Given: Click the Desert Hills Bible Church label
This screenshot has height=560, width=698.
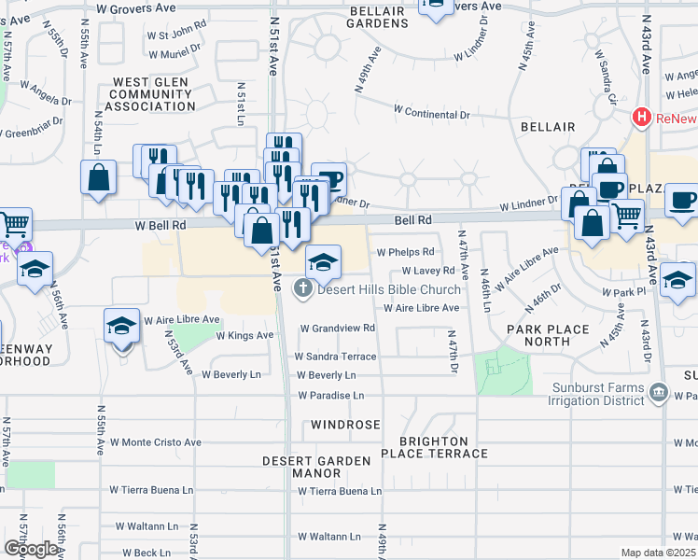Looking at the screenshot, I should click(389, 289).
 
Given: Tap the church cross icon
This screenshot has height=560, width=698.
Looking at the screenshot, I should click(302, 289).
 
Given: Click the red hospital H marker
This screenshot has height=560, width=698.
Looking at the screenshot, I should click(641, 118).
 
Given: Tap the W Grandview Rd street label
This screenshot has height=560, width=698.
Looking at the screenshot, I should click(337, 329).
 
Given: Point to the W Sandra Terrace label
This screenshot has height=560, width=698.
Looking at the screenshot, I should click(335, 357).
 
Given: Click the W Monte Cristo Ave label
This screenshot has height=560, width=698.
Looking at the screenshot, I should click(155, 442).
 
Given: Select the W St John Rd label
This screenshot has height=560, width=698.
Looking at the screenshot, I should click(175, 35).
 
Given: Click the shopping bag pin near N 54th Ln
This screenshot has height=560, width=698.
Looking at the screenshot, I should click(98, 177).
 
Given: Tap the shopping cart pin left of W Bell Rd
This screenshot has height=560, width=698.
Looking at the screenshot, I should click(14, 224).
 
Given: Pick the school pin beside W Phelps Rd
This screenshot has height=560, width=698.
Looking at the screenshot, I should click(323, 262).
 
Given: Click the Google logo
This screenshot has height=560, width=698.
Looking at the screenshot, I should click(31, 549).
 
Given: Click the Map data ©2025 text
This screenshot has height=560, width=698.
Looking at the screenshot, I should click(658, 553).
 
